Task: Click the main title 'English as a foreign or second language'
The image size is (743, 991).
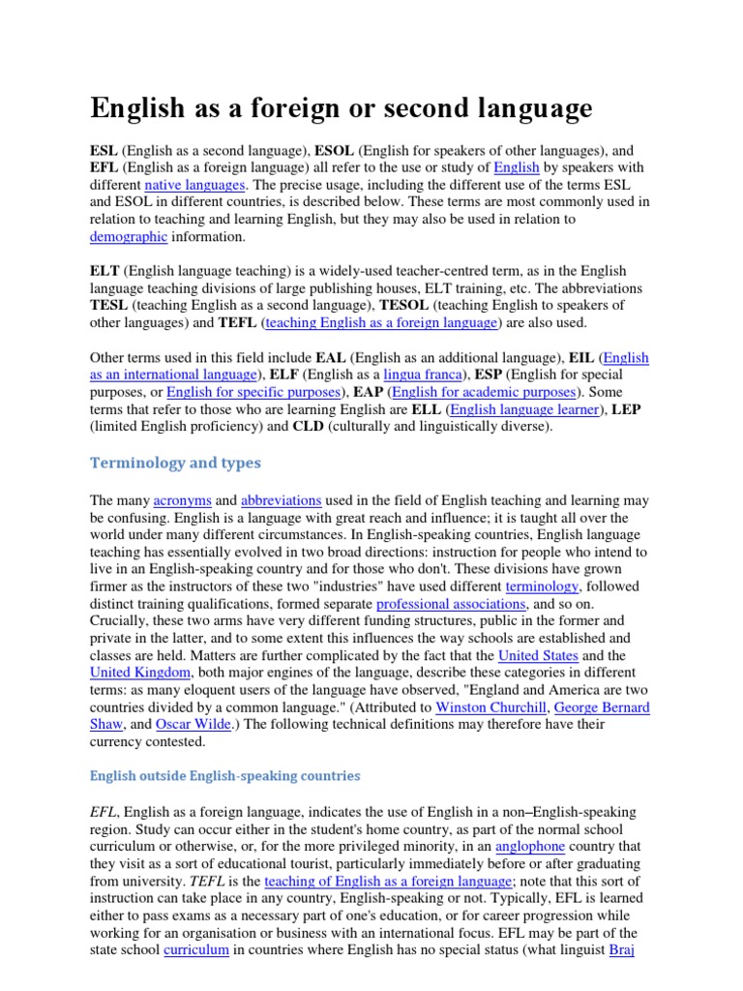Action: pyautogui.click(x=341, y=107)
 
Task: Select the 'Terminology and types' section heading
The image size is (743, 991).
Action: pyautogui.click(x=175, y=463)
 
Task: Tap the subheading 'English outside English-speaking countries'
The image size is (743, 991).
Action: pyautogui.click(x=224, y=775)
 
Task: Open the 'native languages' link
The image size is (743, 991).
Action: pyautogui.click(x=195, y=184)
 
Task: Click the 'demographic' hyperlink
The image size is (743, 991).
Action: pyautogui.click(x=129, y=236)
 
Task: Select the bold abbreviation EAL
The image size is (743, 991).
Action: pyautogui.click(x=366, y=357)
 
